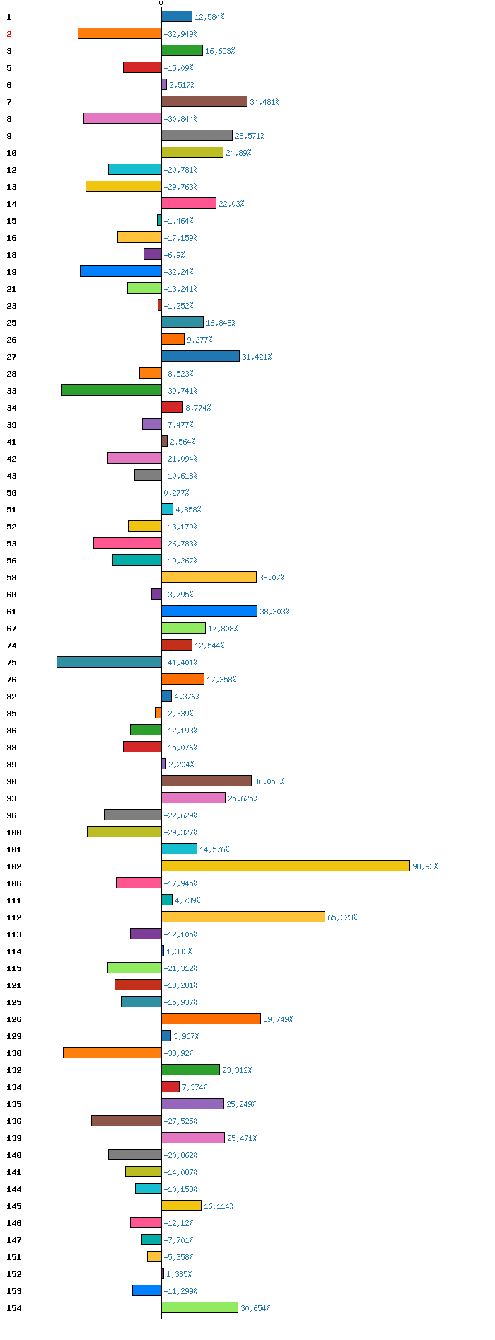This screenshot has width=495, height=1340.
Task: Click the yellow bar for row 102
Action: click(x=286, y=866)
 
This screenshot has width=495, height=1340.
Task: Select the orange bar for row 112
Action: click(x=243, y=917)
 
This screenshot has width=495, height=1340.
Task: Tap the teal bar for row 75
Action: click(x=109, y=662)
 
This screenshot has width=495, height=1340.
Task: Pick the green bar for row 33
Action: click(x=111, y=390)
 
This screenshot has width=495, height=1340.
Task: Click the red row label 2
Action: click(x=9, y=34)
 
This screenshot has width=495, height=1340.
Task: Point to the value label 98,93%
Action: click(x=425, y=866)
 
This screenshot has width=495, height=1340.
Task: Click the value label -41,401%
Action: click(x=180, y=663)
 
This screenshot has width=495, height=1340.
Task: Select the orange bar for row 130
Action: click(x=112, y=1053)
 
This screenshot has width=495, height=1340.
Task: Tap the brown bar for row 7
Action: click(x=204, y=101)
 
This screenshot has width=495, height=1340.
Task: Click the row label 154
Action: click(x=14, y=1308)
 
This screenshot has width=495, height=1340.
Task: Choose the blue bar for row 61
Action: click(x=209, y=611)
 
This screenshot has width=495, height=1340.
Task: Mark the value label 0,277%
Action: click(x=176, y=493)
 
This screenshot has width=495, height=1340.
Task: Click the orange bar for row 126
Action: click(x=211, y=1019)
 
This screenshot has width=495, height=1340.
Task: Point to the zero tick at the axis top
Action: click(x=161, y=4)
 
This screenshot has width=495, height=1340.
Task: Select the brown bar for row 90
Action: click(x=206, y=781)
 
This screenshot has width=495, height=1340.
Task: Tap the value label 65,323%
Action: click(x=342, y=917)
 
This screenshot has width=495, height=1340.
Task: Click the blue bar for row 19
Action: click(x=120, y=271)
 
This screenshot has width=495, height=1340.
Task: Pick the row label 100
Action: click(x=14, y=832)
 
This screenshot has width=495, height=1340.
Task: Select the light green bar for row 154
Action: click(x=199, y=1307)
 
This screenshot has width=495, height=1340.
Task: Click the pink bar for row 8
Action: click(x=122, y=118)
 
